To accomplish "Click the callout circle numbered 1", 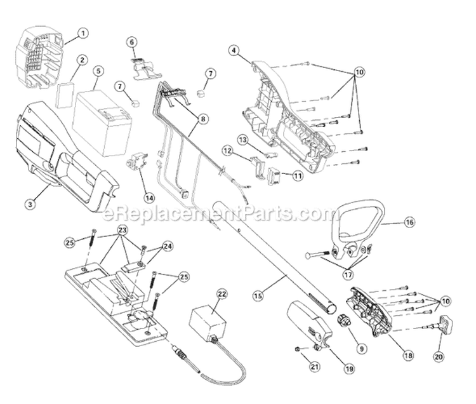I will pos(83,32).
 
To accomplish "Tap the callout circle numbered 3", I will pos(30,204).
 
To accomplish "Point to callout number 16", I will pos(409,222).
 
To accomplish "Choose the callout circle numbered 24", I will pos(168,245).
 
